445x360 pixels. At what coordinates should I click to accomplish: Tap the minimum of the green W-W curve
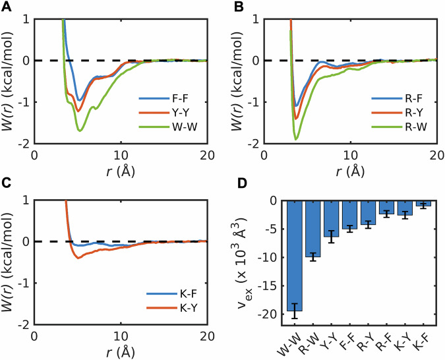click(x=80, y=131)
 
